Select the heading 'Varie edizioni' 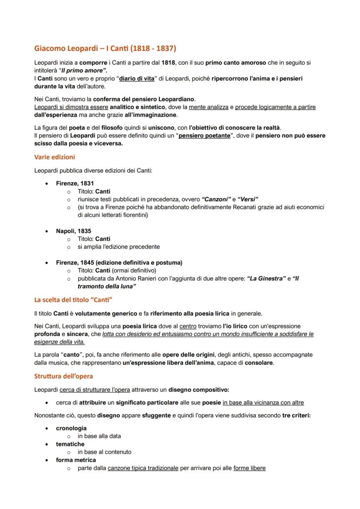pyautogui.click(x=54, y=157)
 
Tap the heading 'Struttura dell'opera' pyautogui.click(x=63, y=376)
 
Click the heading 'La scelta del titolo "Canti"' pyautogui.click(x=73, y=299)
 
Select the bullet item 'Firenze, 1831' pyautogui.click(x=74, y=183)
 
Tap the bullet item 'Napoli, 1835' pyautogui.click(x=73, y=231)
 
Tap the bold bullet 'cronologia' pyautogui.click(x=71, y=428)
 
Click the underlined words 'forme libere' pyautogui.click(x=249, y=468)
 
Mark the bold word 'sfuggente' pyautogui.click(x=156, y=415)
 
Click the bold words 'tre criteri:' pyautogui.click(x=296, y=415)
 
